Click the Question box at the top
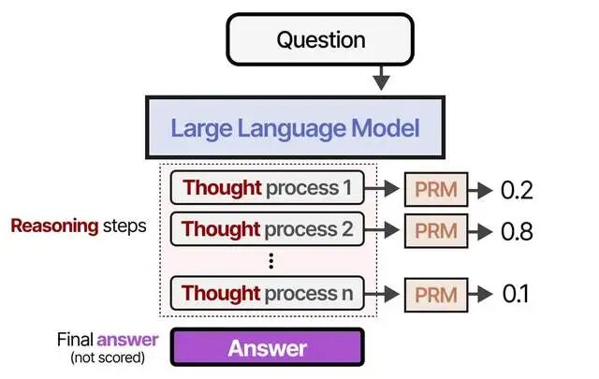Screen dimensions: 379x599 (x=321, y=40)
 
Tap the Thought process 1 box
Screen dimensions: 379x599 (x=268, y=189)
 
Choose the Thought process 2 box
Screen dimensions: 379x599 (x=267, y=229)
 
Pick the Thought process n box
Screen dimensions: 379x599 (x=269, y=293)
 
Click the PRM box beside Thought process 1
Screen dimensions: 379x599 (x=436, y=190)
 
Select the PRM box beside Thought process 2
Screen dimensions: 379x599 (x=436, y=230)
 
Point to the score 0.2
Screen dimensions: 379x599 (x=516, y=191)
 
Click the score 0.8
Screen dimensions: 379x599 (x=517, y=230)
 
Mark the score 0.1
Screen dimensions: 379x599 (x=516, y=294)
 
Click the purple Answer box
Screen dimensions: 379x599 (x=268, y=348)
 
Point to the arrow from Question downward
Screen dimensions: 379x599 (x=380, y=77)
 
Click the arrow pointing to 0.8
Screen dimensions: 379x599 (x=480, y=230)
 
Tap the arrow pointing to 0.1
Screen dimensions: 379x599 (x=480, y=294)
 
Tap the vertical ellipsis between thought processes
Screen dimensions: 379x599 (x=270, y=261)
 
